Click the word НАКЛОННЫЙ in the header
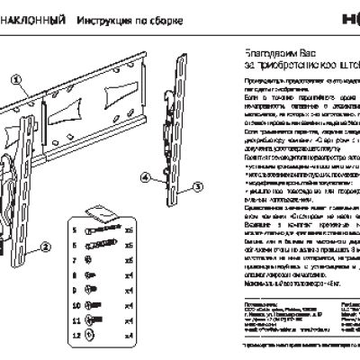pyautogui.click(x=34, y=19)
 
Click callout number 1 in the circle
pyautogui.click(x=16, y=79)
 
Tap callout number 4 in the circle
pyautogui.click(x=146, y=178)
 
